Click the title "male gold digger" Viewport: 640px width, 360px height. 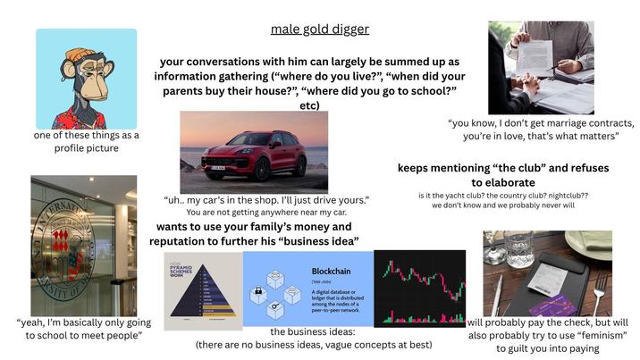[x=319, y=29]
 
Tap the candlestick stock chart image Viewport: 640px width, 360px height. [x=419, y=288]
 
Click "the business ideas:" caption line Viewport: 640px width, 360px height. [x=313, y=332]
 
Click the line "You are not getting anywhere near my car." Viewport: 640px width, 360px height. [x=265, y=213]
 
